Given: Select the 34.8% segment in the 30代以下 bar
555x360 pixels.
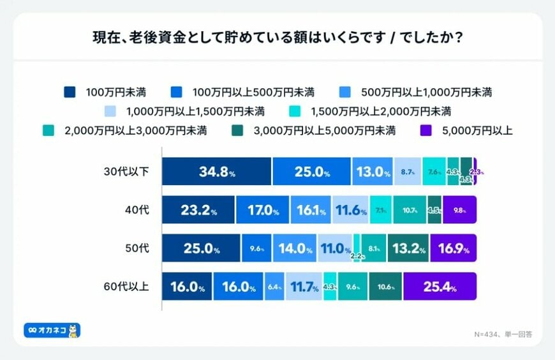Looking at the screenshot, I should tap(216, 172).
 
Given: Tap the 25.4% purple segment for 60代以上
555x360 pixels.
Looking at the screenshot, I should tap(440, 287).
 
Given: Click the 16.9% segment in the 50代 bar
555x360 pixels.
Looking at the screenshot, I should tap(453, 248).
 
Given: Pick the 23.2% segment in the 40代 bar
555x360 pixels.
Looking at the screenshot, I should tap(198, 210).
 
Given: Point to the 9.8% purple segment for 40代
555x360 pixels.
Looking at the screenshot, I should tap(459, 210).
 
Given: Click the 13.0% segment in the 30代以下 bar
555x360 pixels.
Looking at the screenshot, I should tap(373, 172).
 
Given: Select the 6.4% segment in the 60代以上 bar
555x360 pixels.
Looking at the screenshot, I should tap(274, 287).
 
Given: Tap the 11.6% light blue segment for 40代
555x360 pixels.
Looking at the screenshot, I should tap(350, 210).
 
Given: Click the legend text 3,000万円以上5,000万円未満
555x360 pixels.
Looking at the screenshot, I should tap(325, 131).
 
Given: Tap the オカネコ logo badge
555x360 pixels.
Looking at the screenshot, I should tap(52, 331).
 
